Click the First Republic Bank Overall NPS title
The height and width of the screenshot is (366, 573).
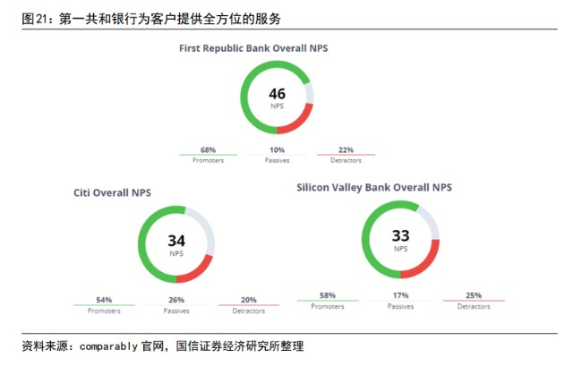coord(253,48)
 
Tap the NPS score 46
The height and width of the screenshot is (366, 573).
coord(277,94)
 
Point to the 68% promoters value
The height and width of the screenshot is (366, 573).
coord(208,149)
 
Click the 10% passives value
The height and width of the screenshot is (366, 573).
coord(277,149)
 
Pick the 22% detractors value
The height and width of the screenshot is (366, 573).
coord(346,149)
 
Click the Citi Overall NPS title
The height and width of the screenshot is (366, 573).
coord(112,192)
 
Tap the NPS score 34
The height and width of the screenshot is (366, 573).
coord(176,241)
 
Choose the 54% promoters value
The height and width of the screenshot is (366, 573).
coord(104,300)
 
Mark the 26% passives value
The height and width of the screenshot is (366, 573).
coord(176,300)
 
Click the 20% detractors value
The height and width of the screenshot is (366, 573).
coord(249,300)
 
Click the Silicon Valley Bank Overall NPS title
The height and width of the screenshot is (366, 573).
coord(374,187)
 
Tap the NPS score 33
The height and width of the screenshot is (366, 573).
coord(400,236)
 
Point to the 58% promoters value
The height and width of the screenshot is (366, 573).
coord(328,295)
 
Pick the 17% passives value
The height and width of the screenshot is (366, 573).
coord(400,295)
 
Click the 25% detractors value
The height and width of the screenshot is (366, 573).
coord(474,295)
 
